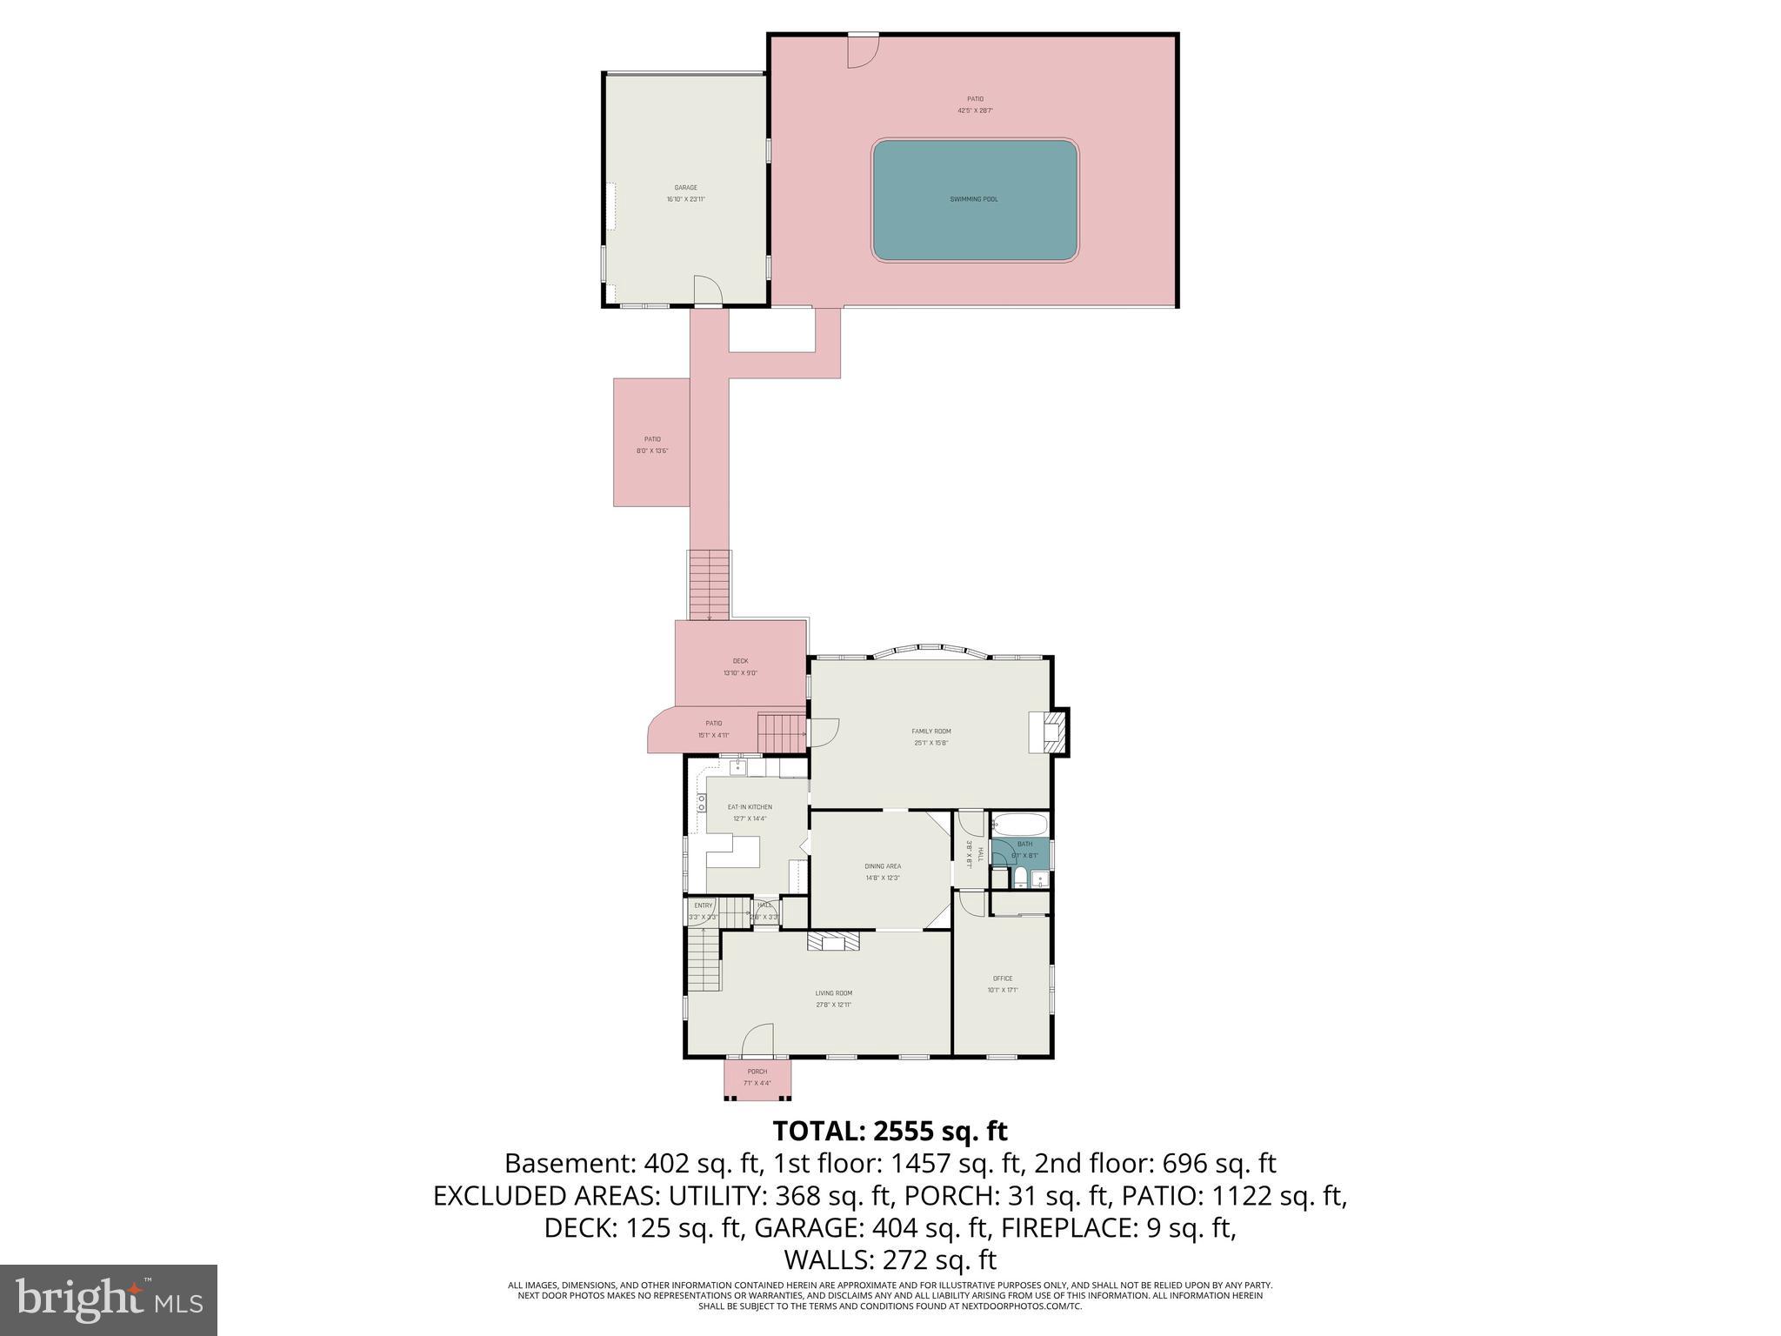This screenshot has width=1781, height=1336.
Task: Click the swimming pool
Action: coord(975,200)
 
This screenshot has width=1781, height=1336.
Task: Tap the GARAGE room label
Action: coord(685,188)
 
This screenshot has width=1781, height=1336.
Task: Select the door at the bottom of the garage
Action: coord(707,291)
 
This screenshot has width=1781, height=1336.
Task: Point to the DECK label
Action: coord(740,661)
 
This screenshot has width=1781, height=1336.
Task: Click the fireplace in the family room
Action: coord(1048,732)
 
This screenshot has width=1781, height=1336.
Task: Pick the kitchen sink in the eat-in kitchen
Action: coord(737,767)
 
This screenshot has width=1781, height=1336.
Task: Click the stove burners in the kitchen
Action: coord(701,803)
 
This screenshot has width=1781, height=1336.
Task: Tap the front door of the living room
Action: coord(758,1039)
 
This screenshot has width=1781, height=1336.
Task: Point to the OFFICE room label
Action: coord(1002,979)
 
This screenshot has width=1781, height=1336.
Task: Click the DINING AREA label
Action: coord(882,866)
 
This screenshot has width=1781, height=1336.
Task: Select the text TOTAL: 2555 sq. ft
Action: coord(890,1131)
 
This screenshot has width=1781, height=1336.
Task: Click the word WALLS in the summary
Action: coord(829,1259)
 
